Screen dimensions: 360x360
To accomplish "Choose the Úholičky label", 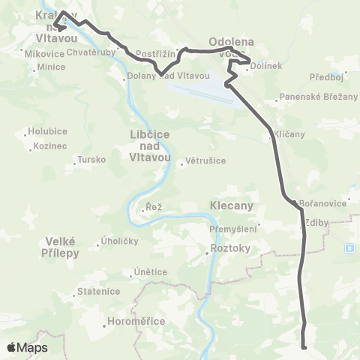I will click(116, 241).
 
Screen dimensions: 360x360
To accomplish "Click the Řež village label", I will click(154, 206).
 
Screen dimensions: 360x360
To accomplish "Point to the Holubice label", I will click(47, 131).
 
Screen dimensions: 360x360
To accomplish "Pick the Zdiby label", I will click(318, 223).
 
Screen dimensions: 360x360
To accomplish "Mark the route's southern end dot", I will click(304, 347).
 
